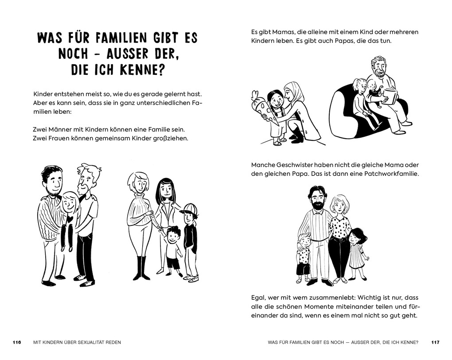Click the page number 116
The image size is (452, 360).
coord(17,342)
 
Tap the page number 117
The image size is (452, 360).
coord(435,342)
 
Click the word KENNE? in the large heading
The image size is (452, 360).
coord(140,70)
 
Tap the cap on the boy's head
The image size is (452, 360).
coord(189,209)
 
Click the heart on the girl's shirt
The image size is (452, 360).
coord(70,218)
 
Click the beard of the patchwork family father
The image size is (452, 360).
coord(317,205)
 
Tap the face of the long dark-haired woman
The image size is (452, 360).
coord(165,190)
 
